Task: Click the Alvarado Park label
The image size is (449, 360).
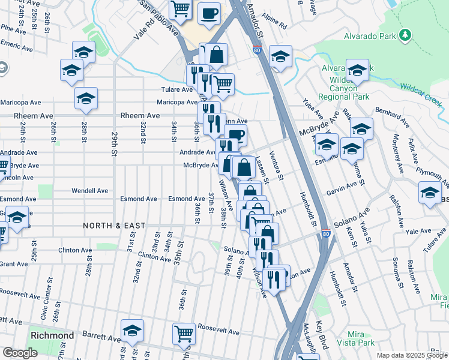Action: [x=370, y=36]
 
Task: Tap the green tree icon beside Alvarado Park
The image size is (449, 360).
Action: [x=406, y=35]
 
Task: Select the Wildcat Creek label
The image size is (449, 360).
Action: [x=424, y=92]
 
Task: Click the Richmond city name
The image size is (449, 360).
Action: [x=52, y=335]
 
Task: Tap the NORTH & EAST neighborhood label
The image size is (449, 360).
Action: [x=113, y=226]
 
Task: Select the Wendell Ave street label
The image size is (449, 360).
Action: [x=89, y=191]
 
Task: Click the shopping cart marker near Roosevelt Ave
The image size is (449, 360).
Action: [x=183, y=333]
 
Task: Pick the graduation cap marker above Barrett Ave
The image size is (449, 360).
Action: [x=132, y=330]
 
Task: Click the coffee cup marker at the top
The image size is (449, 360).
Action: [x=209, y=13]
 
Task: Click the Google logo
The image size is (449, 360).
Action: [x=20, y=353]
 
